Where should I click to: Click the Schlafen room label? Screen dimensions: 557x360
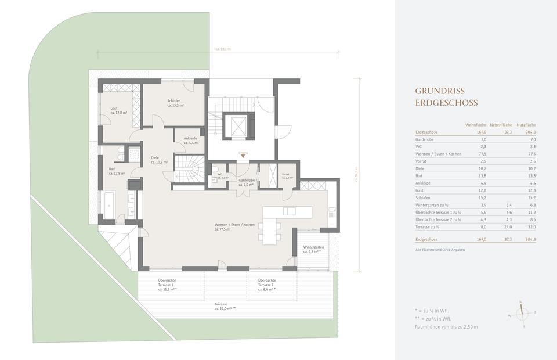coord(175,103)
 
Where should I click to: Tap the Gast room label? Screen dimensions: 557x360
coord(118,110)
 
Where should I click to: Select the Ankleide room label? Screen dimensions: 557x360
coord(191,140)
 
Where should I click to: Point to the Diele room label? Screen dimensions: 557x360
coord(158,160)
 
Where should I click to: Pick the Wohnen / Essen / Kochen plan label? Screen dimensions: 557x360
coord(234,226)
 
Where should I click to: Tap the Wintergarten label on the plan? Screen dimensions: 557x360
coord(313,249)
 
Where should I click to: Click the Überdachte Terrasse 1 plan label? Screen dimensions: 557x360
coord(168,285)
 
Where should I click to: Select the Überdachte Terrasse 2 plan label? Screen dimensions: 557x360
coord(267,285)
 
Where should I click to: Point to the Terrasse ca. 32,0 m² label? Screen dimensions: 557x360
coord(225,307)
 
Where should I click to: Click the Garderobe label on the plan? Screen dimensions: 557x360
coord(247,182)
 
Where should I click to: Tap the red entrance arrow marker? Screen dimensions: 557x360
coord(243,156)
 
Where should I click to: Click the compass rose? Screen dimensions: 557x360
coord(521,314)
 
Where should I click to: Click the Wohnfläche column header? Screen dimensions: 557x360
coord(476,125)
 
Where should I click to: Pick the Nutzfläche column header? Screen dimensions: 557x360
coord(526,125)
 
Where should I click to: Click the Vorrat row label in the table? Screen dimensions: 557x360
coord(422,161)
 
